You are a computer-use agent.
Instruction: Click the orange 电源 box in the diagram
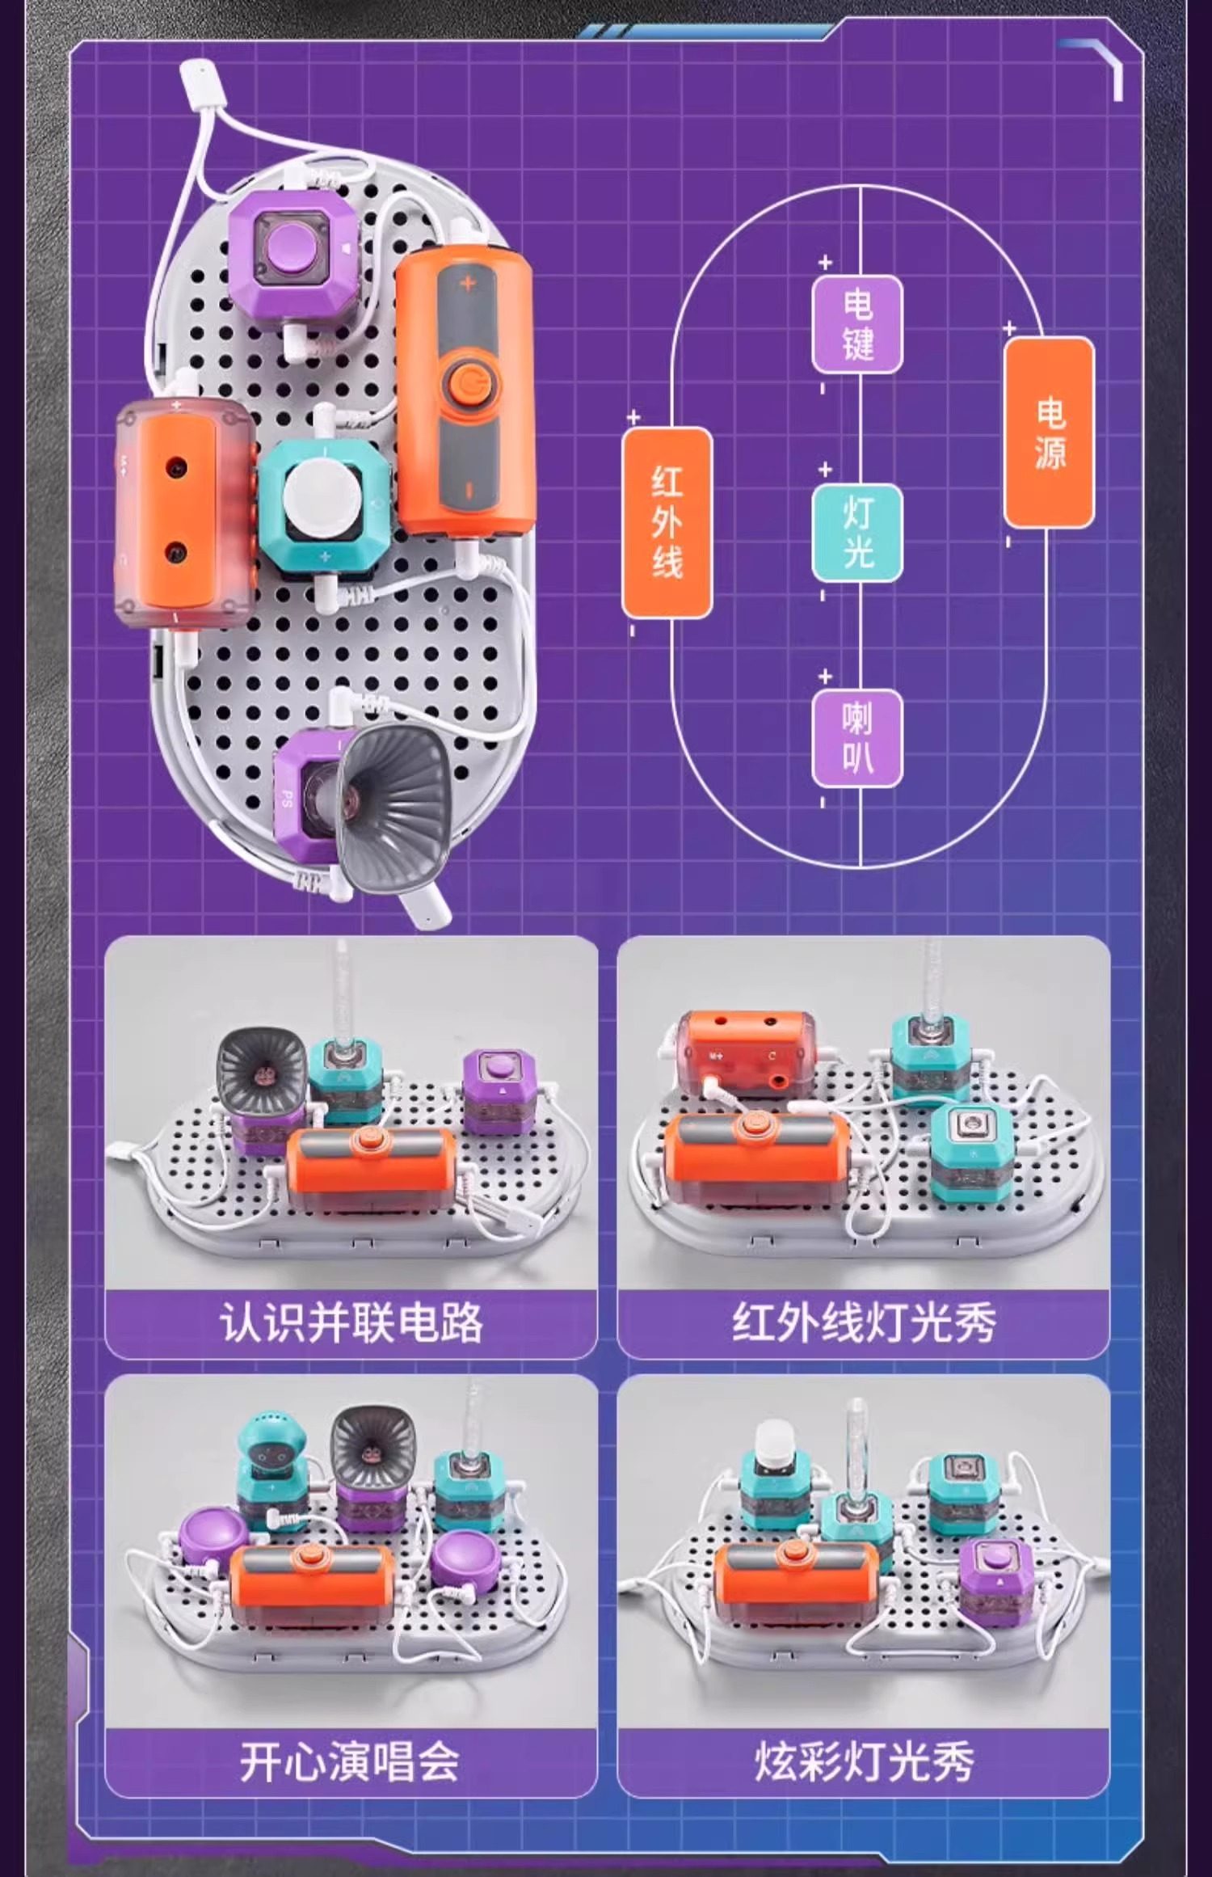pos(1048,432)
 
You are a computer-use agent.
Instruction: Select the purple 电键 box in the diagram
pos(857,325)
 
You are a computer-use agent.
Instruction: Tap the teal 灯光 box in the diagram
pos(857,532)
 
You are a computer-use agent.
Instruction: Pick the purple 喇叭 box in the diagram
pos(857,737)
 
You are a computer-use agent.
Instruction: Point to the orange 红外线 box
pos(667,522)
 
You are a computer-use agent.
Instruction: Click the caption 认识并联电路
pos(351,1323)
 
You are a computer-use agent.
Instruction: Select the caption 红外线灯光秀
pos(864,1323)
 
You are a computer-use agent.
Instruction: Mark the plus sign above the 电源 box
pos(1009,329)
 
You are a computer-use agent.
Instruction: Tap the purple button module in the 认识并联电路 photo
pos(499,1091)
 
